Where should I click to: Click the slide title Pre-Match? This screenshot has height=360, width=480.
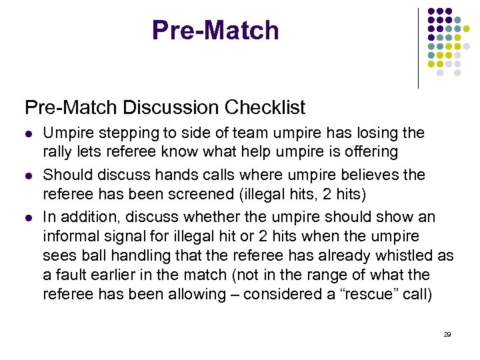[215, 31]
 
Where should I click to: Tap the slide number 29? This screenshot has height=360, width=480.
[447, 335]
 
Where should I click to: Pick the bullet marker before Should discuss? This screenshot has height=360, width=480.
[28, 176]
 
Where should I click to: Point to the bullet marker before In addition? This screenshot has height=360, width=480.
[28, 218]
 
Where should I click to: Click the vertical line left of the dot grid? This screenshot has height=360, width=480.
[418, 48]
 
